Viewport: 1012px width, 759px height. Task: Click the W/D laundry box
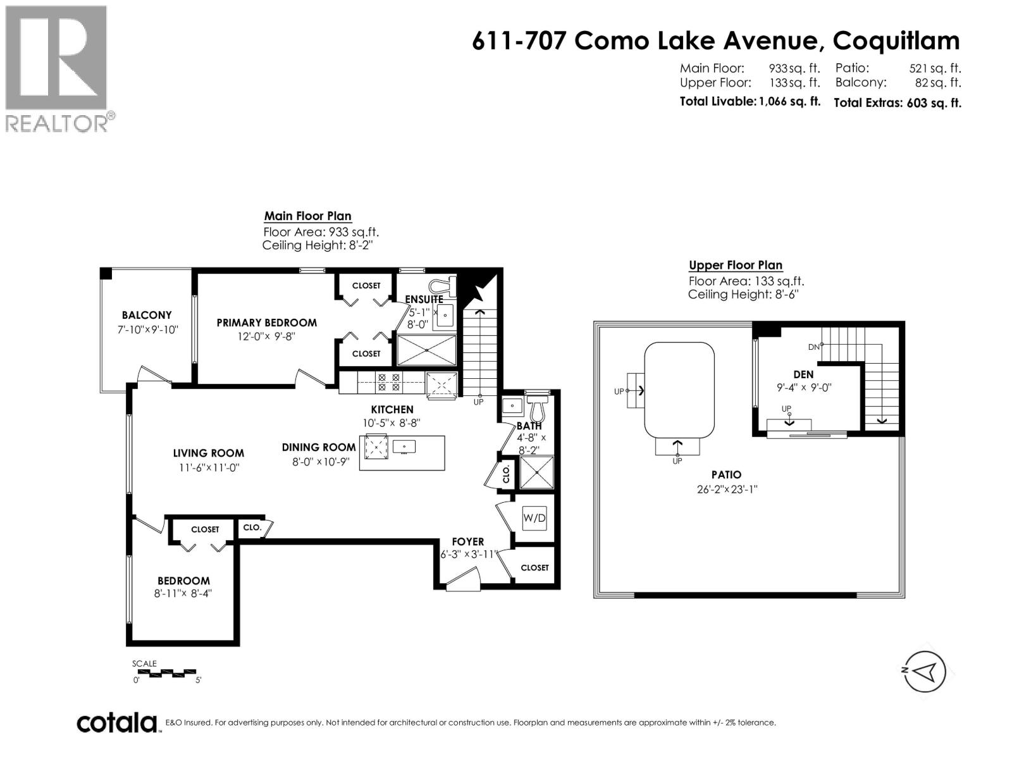[534, 518]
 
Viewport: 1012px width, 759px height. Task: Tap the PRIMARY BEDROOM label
[266, 323]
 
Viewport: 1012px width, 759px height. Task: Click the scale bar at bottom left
[166, 672]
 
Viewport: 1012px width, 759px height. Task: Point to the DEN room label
[803, 374]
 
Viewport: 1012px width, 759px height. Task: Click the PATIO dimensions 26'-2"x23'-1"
[726, 489]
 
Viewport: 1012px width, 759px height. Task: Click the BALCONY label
[147, 315]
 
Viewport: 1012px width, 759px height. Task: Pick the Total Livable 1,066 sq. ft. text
[750, 101]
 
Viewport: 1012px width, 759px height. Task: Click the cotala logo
[117, 722]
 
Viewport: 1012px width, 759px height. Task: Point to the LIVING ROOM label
[208, 453]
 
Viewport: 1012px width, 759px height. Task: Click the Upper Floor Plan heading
[735, 266]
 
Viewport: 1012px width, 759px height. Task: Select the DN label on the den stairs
[813, 347]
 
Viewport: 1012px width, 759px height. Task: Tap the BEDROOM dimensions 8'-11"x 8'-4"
[183, 593]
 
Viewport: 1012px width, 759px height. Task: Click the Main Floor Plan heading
[307, 216]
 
